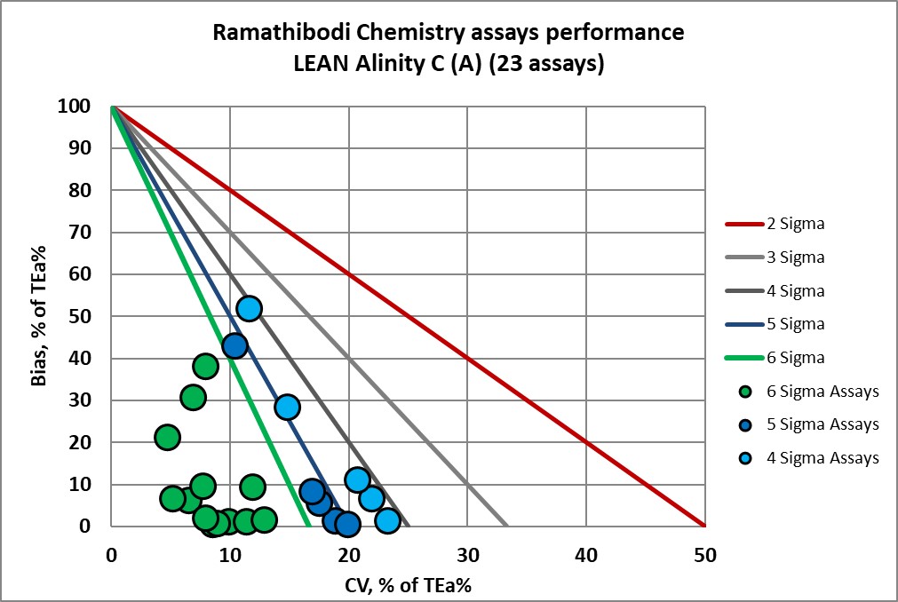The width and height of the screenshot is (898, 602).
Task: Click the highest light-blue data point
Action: (x=249, y=308)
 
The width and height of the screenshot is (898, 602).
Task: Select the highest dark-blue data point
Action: (x=234, y=345)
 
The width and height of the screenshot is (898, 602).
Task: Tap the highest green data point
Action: (x=205, y=366)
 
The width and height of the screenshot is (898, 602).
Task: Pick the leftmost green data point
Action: (x=167, y=437)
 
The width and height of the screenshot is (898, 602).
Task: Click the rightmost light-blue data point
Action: (x=387, y=520)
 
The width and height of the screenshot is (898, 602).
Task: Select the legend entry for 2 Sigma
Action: (x=796, y=224)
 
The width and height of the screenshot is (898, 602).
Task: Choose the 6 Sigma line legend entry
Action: (x=796, y=358)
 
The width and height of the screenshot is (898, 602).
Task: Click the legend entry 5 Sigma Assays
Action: (x=823, y=424)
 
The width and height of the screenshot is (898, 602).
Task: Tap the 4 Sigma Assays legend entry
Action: (x=823, y=458)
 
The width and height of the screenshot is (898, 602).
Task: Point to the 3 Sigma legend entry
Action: (x=796, y=257)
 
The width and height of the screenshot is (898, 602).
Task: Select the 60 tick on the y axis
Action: (x=80, y=274)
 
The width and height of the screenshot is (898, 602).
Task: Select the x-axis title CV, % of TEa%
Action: (x=408, y=585)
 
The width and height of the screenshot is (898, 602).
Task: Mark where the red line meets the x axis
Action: (x=703, y=526)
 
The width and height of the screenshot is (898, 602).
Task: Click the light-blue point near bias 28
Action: (x=287, y=408)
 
